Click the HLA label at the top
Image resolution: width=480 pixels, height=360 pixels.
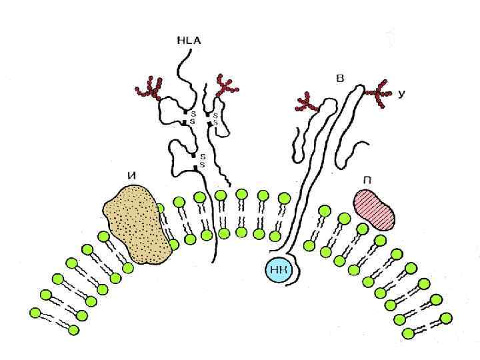(189, 41)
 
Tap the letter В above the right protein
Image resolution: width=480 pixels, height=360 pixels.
(341, 79)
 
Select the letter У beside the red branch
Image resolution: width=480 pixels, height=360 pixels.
(401, 95)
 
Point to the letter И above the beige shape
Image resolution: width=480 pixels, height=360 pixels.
(132, 176)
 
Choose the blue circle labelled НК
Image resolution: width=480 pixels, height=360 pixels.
(278, 269)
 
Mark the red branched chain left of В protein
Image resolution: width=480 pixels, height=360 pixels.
(307, 102)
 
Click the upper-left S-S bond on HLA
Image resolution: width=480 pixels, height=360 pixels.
(189, 117)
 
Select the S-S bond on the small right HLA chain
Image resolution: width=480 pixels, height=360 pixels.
(211, 119)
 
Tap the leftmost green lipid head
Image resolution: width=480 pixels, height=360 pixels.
(35, 311)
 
